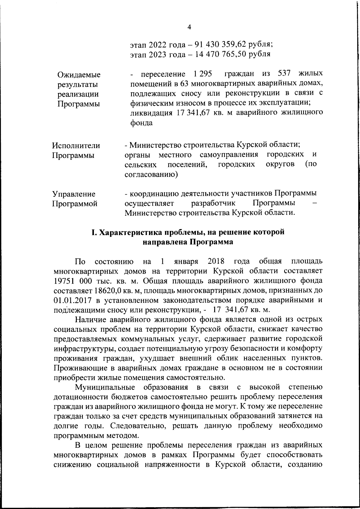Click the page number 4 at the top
tap(189, 27)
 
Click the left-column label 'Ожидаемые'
tap(79, 75)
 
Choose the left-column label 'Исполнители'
tap(76, 146)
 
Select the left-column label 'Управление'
tap(74, 194)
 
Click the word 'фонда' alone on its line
tap(141, 123)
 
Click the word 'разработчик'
tap(213, 203)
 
